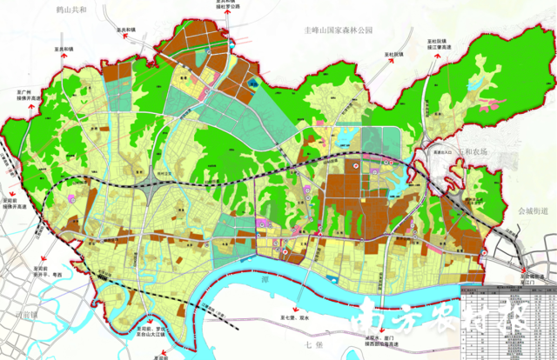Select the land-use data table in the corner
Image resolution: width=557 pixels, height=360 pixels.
[508, 320]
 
